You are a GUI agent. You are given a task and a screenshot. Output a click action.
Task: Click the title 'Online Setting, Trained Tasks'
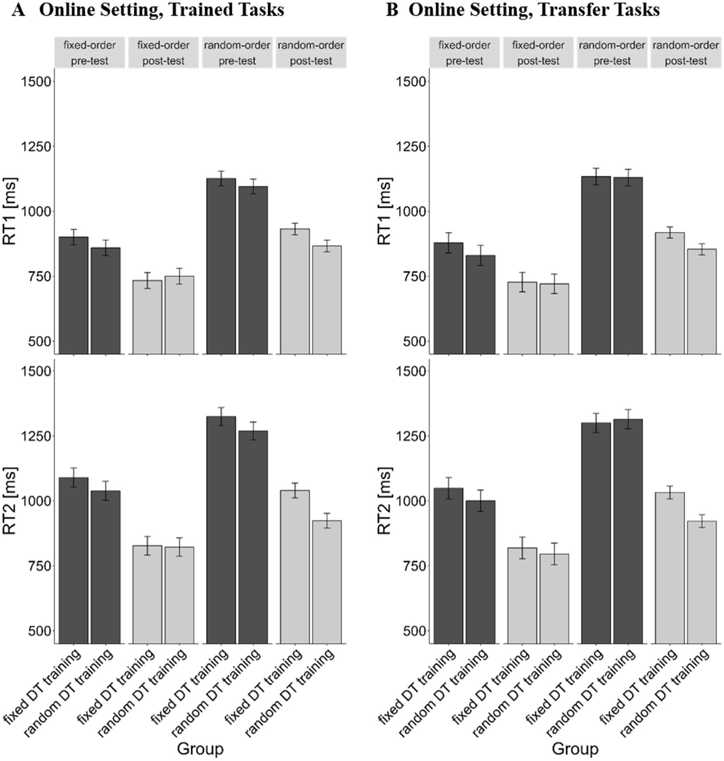[x=161, y=9]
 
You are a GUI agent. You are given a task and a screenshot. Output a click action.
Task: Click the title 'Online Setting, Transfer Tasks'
[x=533, y=9]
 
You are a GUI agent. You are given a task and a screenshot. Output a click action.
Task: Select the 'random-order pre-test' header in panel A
[x=237, y=52]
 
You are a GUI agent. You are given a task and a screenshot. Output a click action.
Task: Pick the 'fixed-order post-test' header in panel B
[x=538, y=52]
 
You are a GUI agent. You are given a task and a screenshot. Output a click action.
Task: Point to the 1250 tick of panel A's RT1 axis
[x=37, y=146]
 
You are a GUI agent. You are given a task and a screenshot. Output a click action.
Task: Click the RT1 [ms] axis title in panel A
[x=10, y=211]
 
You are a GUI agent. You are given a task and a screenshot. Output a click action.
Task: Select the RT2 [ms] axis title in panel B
[x=385, y=501]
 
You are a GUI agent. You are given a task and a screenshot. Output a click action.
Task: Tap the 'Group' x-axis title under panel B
[x=574, y=749]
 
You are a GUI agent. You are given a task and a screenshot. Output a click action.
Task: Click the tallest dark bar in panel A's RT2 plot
[x=221, y=529]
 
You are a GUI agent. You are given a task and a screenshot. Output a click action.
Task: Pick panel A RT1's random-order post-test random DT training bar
[x=326, y=300]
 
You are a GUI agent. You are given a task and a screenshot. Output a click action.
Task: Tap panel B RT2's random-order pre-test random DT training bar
[x=628, y=531]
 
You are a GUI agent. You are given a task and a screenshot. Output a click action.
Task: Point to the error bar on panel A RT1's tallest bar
[x=221, y=178]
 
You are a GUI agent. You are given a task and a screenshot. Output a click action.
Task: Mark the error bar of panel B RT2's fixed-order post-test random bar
[x=554, y=554]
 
